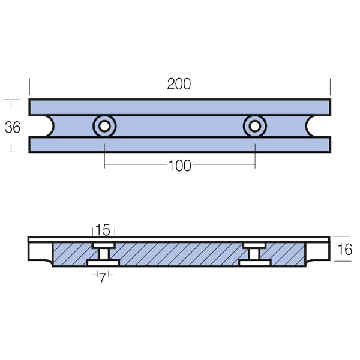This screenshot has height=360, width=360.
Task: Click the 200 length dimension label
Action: click(x=179, y=84)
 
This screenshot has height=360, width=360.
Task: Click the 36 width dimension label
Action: click(x=13, y=127)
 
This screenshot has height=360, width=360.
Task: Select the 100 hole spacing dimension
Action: click(x=179, y=166)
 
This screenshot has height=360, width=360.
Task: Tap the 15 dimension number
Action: click(x=103, y=230)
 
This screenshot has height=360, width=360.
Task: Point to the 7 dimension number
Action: click(x=103, y=278)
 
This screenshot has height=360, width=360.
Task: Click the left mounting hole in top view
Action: click(x=104, y=126)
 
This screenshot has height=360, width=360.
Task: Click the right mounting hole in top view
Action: click(x=255, y=126)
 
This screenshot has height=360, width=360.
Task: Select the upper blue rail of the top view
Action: click(x=179, y=107)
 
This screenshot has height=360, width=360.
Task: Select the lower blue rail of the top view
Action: click(x=179, y=145)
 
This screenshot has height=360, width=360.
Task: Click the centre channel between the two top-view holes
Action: click(x=179, y=126)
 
